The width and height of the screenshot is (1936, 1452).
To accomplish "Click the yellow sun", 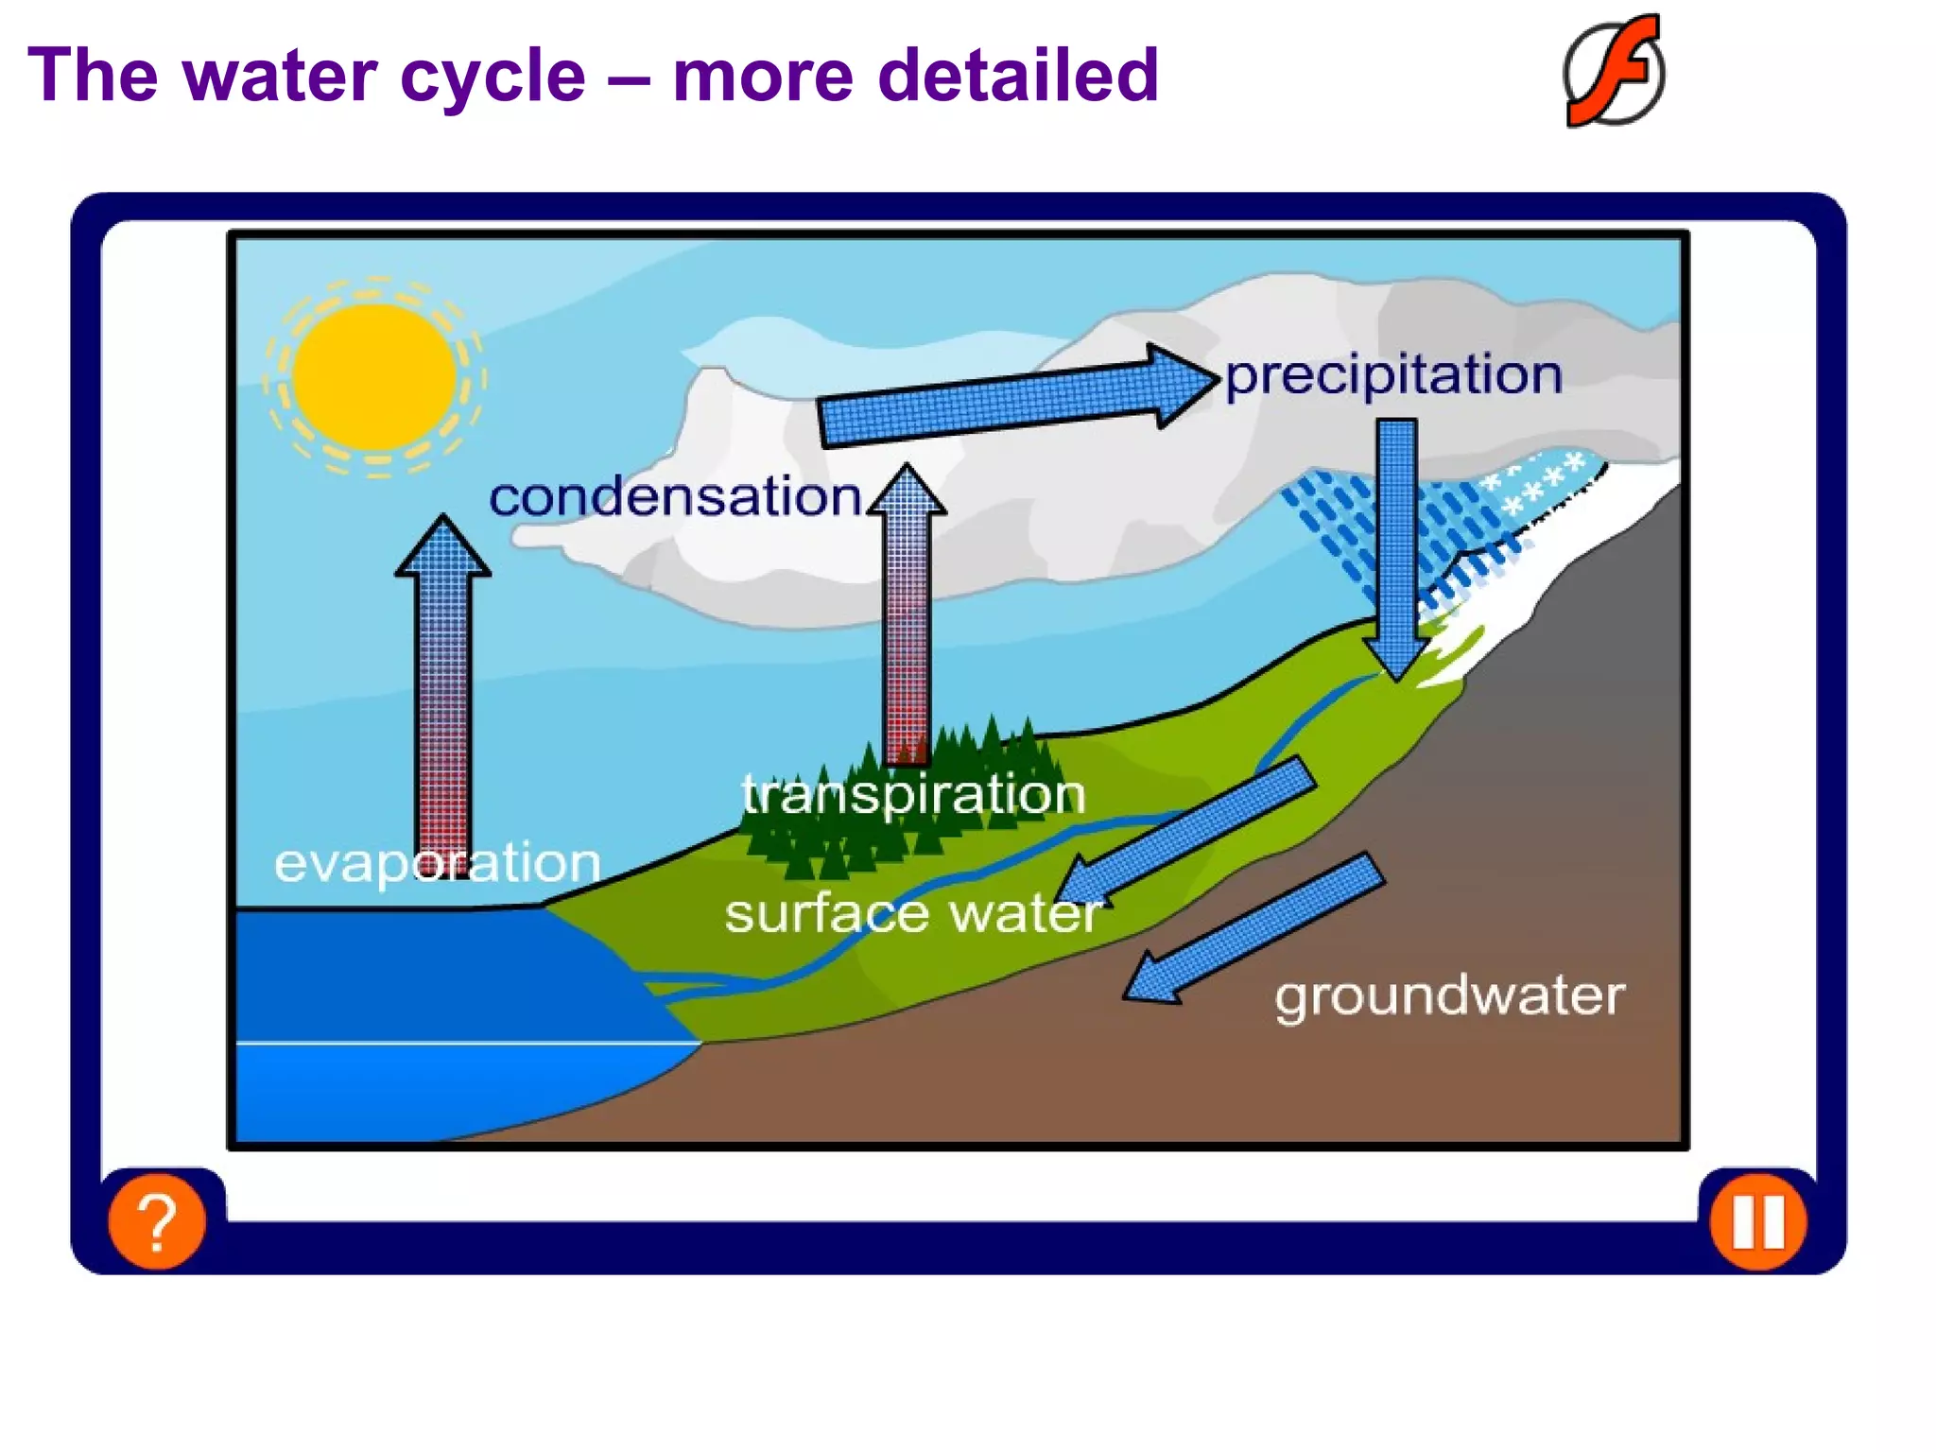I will (x=374, y=376).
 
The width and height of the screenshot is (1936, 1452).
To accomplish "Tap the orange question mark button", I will (x=157, y=1220).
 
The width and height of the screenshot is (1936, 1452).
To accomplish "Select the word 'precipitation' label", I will (x=1393, y=375).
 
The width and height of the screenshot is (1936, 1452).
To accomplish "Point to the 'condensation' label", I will (x=674, y=496).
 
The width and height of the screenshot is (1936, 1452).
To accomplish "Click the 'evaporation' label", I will (x=437, y=862).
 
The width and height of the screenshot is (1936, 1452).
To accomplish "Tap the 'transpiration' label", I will (x=913, y=794).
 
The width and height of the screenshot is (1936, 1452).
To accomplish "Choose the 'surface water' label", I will (x=913, y=913).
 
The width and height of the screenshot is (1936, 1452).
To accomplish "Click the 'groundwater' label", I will (x=1449, y=996).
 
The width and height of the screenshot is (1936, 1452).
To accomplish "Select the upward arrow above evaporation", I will (x=442, y=681).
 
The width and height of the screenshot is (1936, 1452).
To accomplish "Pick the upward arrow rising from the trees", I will (x=907, y=614).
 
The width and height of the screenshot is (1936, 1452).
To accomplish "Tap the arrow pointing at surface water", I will (x=1191, y=832).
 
